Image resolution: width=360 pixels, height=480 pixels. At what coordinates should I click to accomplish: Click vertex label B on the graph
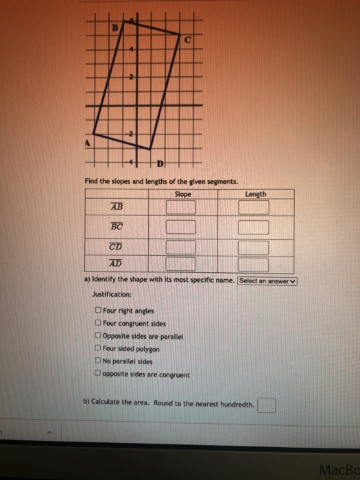pos(116,27)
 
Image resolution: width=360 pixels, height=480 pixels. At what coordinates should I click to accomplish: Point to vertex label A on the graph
pos(88,143)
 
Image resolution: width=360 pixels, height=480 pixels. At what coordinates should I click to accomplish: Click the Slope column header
pos(183,194)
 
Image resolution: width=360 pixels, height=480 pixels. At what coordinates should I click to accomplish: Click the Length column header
pos(255,194)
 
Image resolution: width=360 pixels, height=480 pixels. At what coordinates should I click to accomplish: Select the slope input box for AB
pos(180,206)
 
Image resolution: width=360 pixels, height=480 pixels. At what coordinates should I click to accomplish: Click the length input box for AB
pos(253,206)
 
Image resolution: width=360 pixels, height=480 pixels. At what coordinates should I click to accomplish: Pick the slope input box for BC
pos(180,227)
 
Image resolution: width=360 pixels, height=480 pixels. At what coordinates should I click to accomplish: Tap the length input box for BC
pos(253,227)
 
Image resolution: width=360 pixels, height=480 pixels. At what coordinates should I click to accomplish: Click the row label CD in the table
pos(116,247)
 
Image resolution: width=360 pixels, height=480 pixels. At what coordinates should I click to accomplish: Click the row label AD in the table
pos(115,263)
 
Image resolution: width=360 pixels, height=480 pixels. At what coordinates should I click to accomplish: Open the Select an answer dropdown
pos(268,280)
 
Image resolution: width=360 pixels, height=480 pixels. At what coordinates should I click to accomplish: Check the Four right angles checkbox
pos(99,311)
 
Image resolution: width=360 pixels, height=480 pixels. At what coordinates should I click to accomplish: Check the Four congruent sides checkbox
pos(99,324)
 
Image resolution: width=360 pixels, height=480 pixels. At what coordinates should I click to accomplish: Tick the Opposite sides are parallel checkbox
pos(99,337)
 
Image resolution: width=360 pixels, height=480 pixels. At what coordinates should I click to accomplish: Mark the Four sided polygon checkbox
pos(99,349)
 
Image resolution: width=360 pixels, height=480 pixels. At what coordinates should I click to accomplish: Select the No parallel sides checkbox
pos(99,361)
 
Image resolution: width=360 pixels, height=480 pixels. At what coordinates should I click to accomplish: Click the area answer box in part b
pos(267,406)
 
